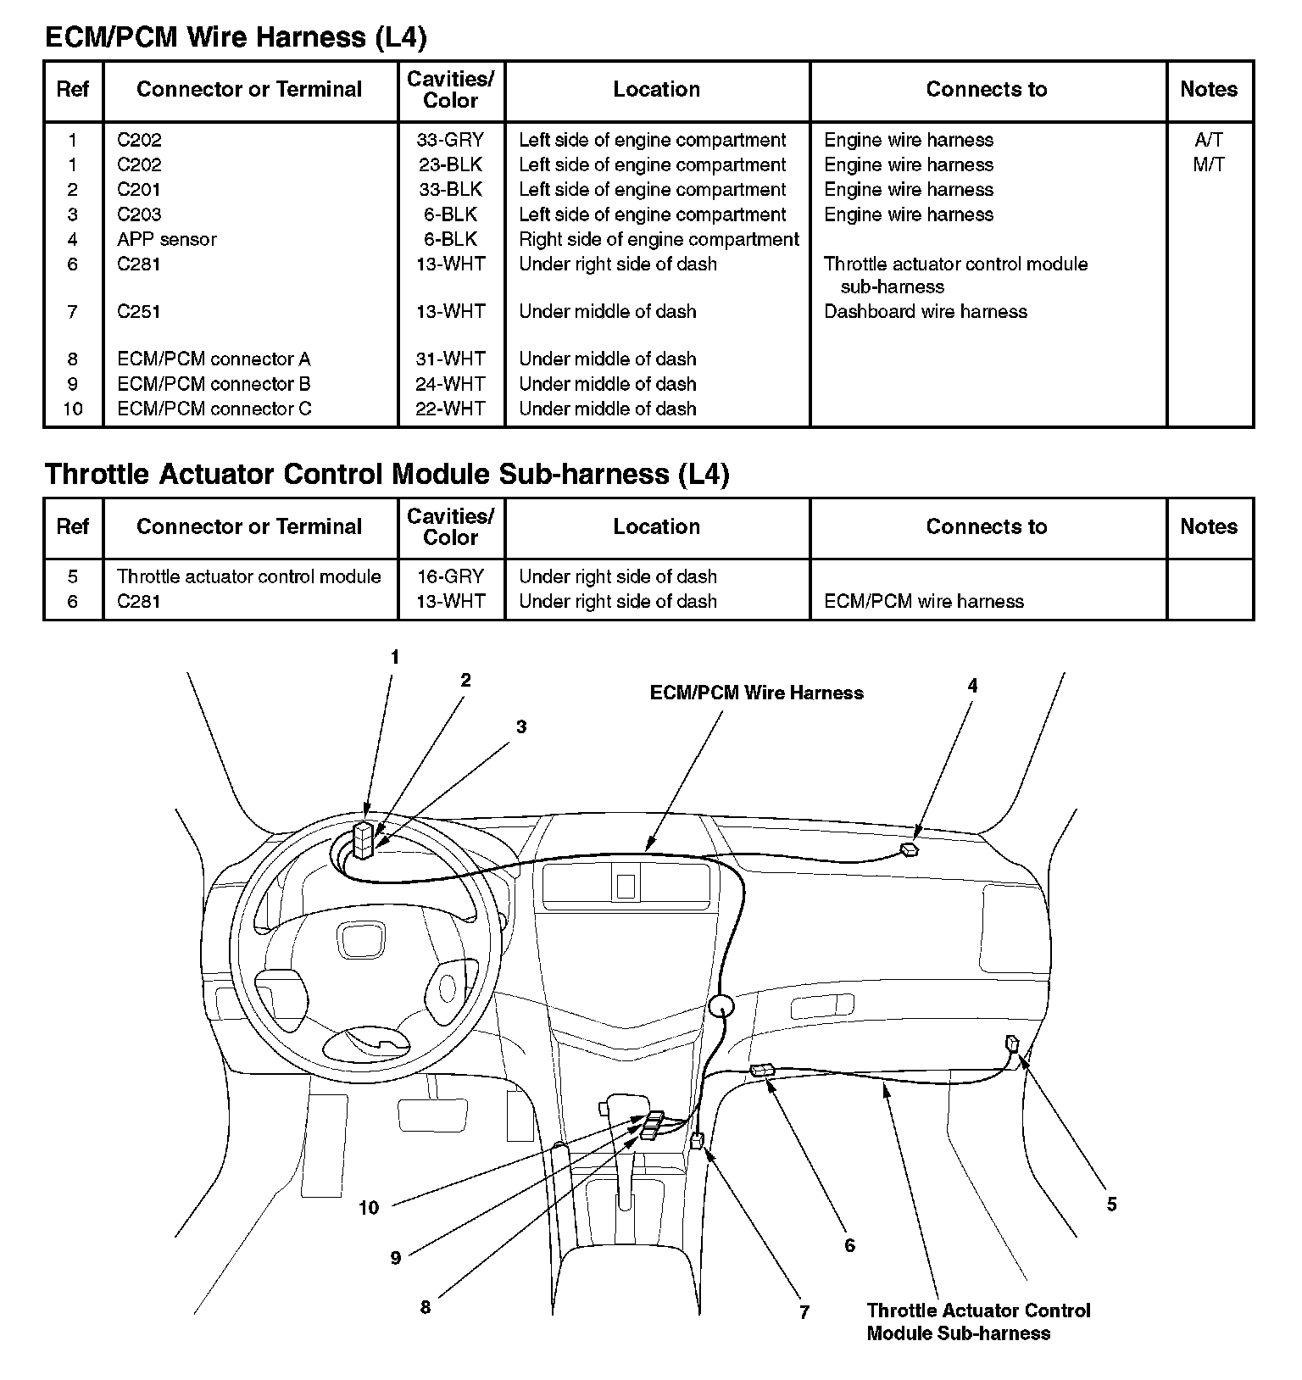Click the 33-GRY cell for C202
450,140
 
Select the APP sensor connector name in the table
166,239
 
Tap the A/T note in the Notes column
1208,140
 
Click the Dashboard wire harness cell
925,311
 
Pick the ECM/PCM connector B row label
214,383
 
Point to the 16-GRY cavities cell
450,576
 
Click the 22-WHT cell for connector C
450,409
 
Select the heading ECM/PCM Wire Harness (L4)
236,37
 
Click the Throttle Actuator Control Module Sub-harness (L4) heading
387,474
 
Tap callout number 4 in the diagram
972,686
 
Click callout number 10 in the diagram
369,1208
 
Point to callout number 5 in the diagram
1111,1205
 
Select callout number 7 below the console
804,1312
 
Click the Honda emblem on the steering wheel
362,940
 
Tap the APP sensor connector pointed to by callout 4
910,849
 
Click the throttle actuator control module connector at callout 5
1012,1043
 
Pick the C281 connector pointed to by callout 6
762,1071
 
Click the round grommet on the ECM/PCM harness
721,1007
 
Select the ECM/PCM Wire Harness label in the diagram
756,693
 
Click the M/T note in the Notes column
1208,164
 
